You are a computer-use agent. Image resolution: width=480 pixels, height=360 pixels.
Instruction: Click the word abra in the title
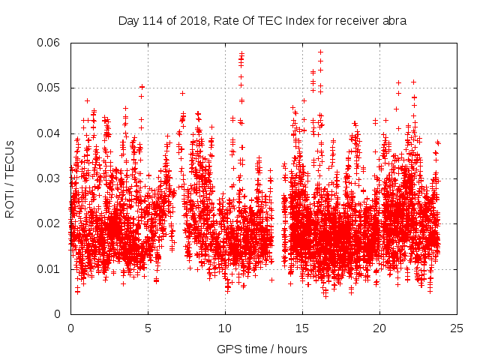click(393, 21)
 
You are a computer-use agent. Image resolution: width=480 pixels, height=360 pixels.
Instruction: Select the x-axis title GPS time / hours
click(262, 349)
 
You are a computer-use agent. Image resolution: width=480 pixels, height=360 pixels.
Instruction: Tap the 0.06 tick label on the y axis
click(49, 43)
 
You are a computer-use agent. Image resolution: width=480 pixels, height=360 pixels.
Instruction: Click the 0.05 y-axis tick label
click(49, 88)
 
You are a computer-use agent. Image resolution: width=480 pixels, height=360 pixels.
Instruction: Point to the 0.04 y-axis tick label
click(49, 133)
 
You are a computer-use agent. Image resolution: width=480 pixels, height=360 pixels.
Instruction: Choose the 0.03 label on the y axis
click(49, 178)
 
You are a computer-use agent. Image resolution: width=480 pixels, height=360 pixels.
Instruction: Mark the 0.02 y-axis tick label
click(49, 223)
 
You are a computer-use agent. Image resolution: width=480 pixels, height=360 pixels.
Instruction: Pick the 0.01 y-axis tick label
click(49, 269)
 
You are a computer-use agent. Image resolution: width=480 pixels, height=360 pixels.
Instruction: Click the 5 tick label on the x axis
click(148, 328)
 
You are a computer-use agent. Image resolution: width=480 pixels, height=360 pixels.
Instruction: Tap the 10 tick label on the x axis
click(225, 328)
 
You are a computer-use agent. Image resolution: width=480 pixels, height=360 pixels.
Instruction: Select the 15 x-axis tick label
click(302, 328)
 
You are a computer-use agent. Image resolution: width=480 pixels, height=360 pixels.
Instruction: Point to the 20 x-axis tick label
click(379, 328)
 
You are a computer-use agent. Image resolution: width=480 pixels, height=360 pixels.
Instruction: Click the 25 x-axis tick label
click(457, 328)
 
